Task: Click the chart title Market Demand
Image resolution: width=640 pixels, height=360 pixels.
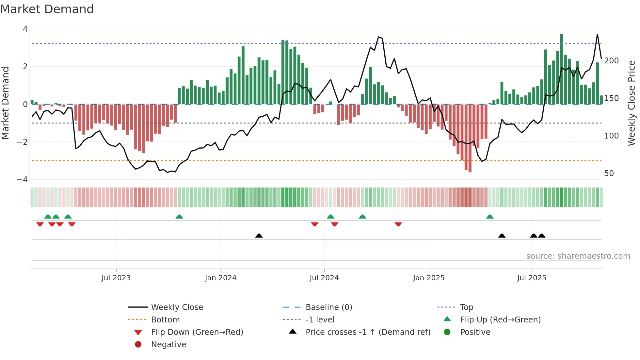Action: click(x=47, y=9)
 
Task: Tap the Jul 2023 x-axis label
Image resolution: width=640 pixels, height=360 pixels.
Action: click(x=116, y=278)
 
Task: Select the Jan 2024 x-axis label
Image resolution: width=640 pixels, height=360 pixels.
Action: click(x=221, y=278)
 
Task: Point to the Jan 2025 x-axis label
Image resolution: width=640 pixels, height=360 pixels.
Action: click(x=429, y=278)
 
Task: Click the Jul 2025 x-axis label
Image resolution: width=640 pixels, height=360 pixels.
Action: click(x=532, y=278)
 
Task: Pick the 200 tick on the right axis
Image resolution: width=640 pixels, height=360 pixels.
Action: click(x=611, y=61)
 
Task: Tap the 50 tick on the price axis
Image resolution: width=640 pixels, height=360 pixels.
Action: click(x=609, y=173)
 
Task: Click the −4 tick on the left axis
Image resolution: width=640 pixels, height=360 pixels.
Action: click(x=22, y=180)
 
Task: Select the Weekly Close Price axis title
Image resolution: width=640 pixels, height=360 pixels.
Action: click(x=632, y=103)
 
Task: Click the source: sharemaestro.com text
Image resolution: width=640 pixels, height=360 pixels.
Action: click(x=578, y=256)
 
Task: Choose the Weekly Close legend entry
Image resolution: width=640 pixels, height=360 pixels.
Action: click(x=177, y=307)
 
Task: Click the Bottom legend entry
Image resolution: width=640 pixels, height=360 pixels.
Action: click(x=165, y=320)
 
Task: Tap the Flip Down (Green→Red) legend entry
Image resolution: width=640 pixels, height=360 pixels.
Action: click(x=197, y=332)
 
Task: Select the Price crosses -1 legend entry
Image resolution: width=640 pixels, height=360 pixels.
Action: click(x=368, y=332)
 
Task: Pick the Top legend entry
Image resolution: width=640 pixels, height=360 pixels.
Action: click(x=467, y=307)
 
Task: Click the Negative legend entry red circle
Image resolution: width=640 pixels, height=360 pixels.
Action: click(x=138, y=345)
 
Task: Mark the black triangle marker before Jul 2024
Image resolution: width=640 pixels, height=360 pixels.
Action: click(x=259, y=236)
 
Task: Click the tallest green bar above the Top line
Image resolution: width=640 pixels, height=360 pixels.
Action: click(x=562, y=69)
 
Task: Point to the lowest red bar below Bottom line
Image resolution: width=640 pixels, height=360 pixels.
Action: click(x=470, y=139)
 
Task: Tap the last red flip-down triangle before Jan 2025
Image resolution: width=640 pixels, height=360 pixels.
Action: click(x=398, y=224)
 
